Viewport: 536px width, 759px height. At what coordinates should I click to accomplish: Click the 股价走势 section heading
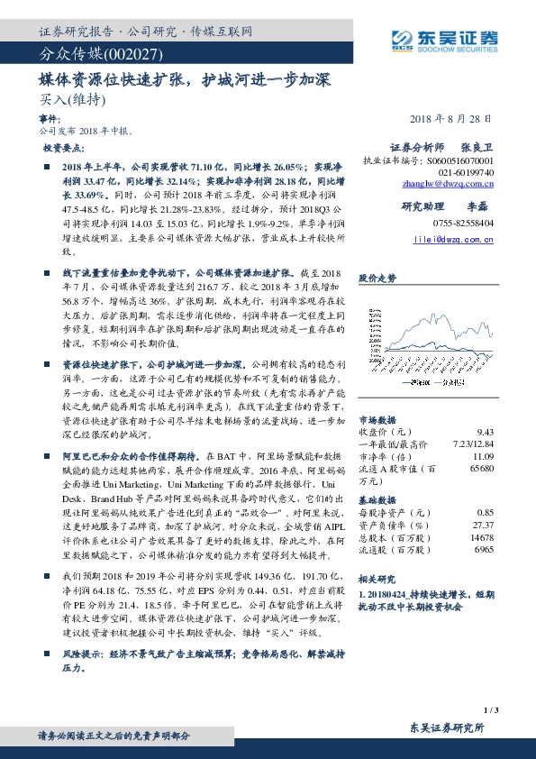point(377,279)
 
